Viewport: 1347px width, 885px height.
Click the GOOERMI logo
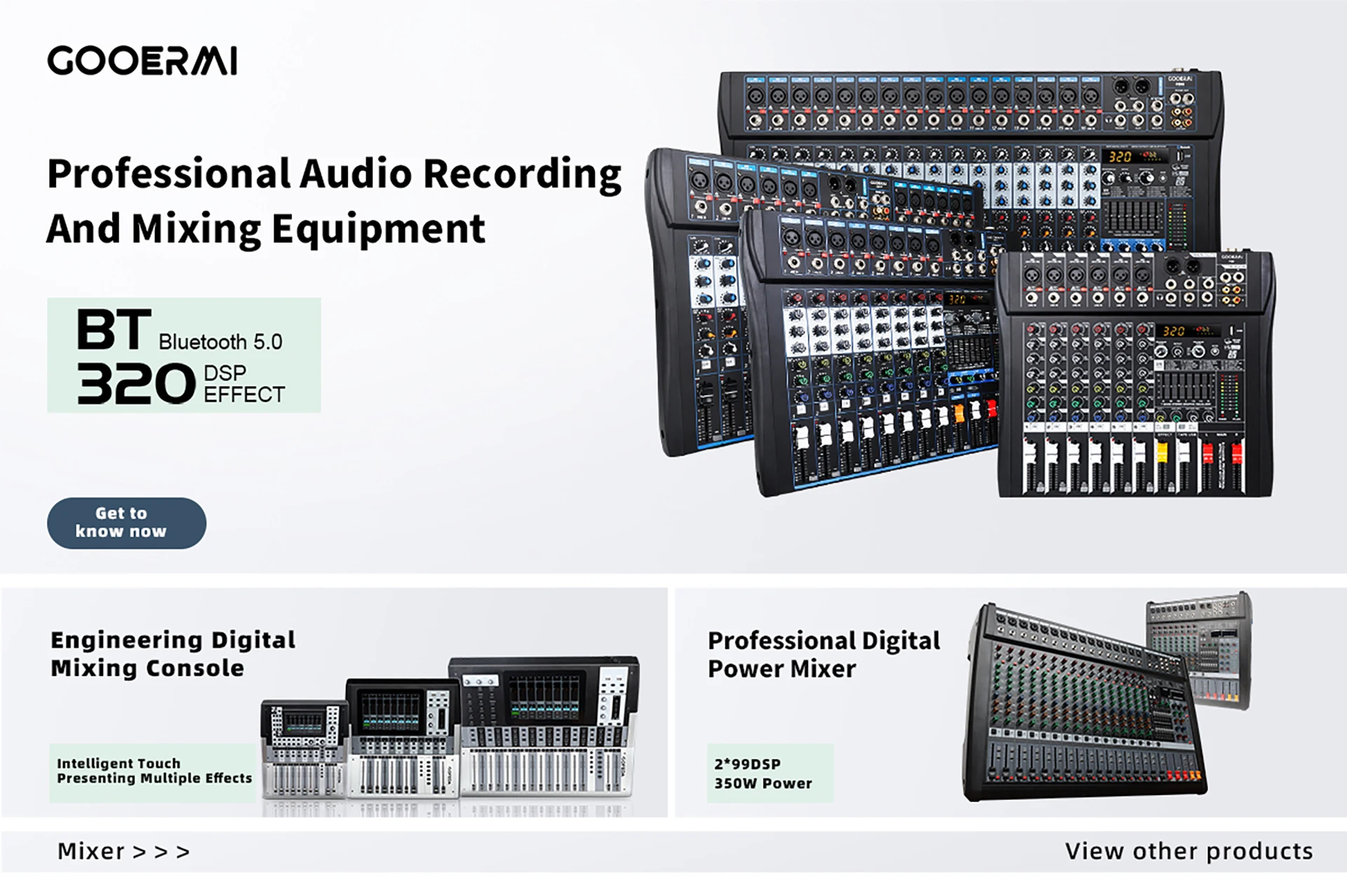point(142,60)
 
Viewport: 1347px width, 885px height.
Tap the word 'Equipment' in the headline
point(378,229)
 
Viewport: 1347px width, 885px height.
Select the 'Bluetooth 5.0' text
point(220,342)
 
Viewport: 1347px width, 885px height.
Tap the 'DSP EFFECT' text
point(243,384)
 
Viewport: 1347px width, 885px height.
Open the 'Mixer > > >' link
point(123,851)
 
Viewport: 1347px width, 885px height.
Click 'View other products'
point(1188,851)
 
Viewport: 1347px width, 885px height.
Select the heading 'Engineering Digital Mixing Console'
point(173,653)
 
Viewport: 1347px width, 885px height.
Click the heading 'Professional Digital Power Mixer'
point(824,654)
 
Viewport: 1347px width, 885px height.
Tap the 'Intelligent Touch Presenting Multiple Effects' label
point(154,771)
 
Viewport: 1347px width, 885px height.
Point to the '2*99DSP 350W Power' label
point(763,773)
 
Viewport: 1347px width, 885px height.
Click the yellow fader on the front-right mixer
point(1161,452)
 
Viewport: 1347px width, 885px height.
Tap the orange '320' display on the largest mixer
point(1120,157)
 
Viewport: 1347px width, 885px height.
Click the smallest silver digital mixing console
point(304,748)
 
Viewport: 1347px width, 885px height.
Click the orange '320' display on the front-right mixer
point(1174,331)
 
